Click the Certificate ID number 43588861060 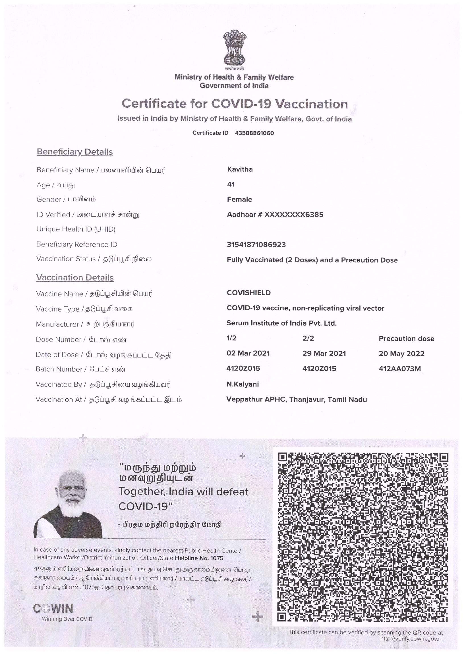click(x=254, y=133)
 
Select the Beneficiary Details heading click(x=74, y=152)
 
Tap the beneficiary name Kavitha click(x=240, y=169)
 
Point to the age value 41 click(x=231, y=184)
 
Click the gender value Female click(x=239, y=199)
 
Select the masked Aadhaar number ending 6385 click(x=294, y=215)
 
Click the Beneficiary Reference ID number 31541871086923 click(x=256, y=244)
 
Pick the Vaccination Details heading click(x=75, y=278)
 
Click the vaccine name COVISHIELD click(x=248, y=293)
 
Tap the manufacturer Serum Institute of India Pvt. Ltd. click(x=281, y=323)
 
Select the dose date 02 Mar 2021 click(x=248, y=353)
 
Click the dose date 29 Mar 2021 click(x=324, y=354)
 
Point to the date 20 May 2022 click(x=401, y=354)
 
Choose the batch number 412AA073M click(x=400, y=369)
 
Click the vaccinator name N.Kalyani click(x=243, y=384)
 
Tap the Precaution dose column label click(x=406, y=339)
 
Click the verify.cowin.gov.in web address click(x=411, y=639)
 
